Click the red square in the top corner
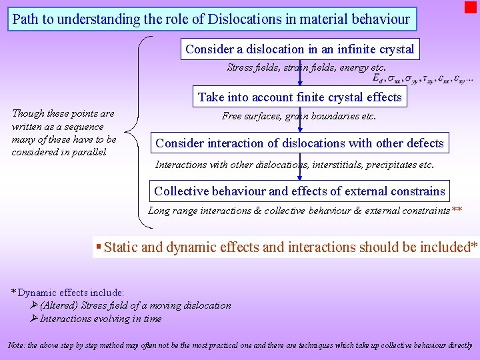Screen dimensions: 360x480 pyautogui.click(x=471, y=7)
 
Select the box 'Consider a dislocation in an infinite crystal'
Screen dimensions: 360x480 pyautogui.click(x=299, y=49)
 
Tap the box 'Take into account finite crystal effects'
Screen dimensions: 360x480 pyautogui.click(x=299, y=97)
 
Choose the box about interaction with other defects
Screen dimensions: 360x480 pyautogui.click(x=299, y=143)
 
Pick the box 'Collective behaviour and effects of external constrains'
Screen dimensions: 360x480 pyautogui.click(x=299, y=191)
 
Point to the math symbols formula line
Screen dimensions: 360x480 pyautogui.click(x=421, y=79)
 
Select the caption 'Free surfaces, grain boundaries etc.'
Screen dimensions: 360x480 pyautogui.click(x=299, y=116)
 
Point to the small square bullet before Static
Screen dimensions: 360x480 pyautogui.click(x=99, y=247)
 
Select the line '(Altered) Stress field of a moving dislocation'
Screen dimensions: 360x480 pyautogui.click(x=135, y=305)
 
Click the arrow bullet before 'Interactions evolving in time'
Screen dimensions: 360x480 pyautogui.click(x=35, y=319)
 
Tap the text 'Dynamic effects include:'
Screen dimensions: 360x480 pyautogui.click(x=71, y=293)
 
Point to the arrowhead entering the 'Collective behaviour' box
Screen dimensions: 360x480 pyautogui.click(x=300, y=177)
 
